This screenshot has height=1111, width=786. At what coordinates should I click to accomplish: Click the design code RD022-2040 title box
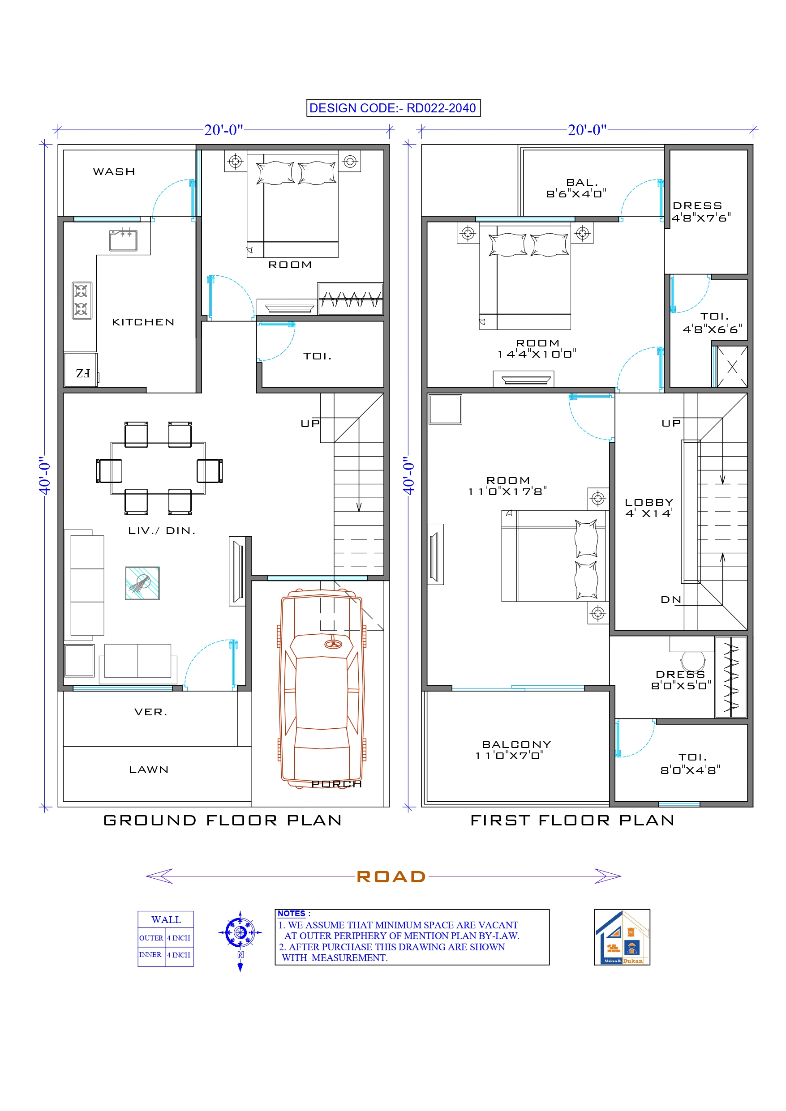[393, 108]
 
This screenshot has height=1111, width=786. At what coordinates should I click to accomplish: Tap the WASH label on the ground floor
[114, 172]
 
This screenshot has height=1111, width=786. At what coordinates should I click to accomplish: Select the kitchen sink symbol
[123, 240]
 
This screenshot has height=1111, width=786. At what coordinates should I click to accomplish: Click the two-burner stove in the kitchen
[82, 300]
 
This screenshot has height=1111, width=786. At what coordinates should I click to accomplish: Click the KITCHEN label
[143, 322]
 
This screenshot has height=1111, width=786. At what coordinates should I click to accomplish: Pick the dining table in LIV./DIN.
[158, 468]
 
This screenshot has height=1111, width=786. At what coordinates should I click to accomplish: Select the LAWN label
[149, 769]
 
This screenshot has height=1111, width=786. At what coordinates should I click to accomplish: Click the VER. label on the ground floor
[150, 712]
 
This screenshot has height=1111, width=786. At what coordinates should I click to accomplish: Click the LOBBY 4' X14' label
[649, 508]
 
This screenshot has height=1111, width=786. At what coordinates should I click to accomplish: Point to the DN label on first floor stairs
[671, 599]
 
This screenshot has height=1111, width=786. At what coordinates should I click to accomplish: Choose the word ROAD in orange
[391, 876]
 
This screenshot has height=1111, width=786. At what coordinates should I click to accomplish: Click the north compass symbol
[240, 932]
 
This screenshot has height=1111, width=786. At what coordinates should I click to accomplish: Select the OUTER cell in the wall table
[151, 938]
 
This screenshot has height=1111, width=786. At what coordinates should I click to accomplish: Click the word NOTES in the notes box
[292, 914]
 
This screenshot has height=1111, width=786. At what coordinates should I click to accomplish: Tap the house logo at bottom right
[622, 937]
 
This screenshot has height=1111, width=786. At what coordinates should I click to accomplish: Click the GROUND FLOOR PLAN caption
[223, 820]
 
